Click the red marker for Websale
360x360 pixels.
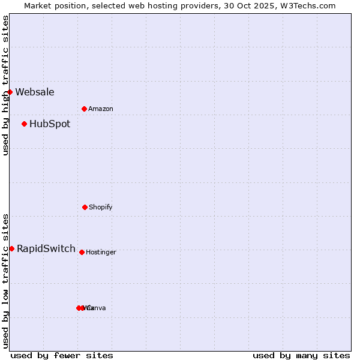click(x=10, y=92)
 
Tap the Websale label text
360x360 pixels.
click(x=35, y=92)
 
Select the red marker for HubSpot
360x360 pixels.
click(x=25, y=124)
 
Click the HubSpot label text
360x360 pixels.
click(x=50, y=124)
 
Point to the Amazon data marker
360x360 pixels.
click(x=84, y=109)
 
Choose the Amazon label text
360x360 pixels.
click(x=101, y=109)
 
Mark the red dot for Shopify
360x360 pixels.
click(x=85, y=207)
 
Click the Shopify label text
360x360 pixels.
click(x=101, y=208)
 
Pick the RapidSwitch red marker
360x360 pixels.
click(x=11, y=248)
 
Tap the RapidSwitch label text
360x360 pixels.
click(x=46, y=249)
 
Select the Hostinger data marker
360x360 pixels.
click(x=82, y=252)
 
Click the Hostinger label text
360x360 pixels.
click(x=101, y=253)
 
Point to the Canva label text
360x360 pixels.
click(x=98, y=308)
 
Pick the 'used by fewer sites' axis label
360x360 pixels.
click(x=62, y=356)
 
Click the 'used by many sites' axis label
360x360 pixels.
click(x=301, y=356)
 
